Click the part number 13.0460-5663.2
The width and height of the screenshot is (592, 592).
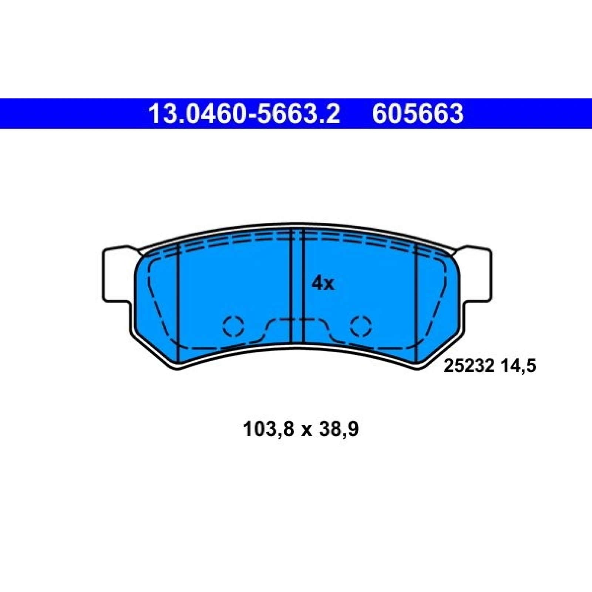pos(244,114)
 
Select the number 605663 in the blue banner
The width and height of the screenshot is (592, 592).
pos(417,114)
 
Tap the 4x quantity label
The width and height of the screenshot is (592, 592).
pos(323,284)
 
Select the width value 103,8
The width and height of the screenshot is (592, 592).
pos(269,430)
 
